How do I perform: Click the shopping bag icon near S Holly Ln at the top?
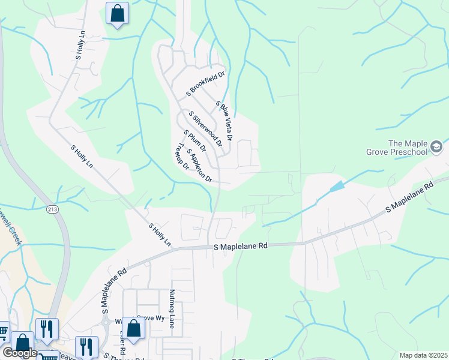tap(117, 13)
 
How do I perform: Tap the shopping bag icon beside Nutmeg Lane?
tap(133, 328)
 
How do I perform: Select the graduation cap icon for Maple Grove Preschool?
tap(436, 147)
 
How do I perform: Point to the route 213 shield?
tap(53, 208)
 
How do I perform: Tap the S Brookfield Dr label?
tap(205, 84)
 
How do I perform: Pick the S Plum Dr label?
tap(195, 140)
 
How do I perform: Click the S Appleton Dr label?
tap(200, 165)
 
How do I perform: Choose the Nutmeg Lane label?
tap(172, 309)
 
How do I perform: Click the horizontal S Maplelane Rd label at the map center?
tap(240, 246)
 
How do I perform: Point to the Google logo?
tap(20, 353)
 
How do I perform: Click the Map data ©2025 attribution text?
tap(423, 355)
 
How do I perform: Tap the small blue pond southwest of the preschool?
tap(336, 187)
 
